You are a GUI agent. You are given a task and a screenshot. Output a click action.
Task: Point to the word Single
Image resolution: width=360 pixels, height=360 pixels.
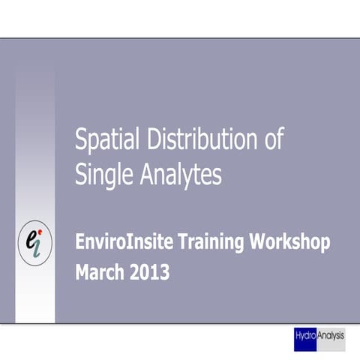[x=103, y=174]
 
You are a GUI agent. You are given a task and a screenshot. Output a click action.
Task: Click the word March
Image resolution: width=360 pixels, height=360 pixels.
[x=100, y=272]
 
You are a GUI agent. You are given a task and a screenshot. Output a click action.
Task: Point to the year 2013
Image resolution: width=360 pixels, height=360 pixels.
[x=150, y=272]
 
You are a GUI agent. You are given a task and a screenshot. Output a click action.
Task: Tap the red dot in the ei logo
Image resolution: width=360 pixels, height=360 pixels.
[x=40, y=230]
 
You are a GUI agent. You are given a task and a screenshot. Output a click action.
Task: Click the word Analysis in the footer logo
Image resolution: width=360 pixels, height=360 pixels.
[x=330, y=336]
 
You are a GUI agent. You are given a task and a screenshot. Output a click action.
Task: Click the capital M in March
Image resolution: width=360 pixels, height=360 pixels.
[x=82, y=272]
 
